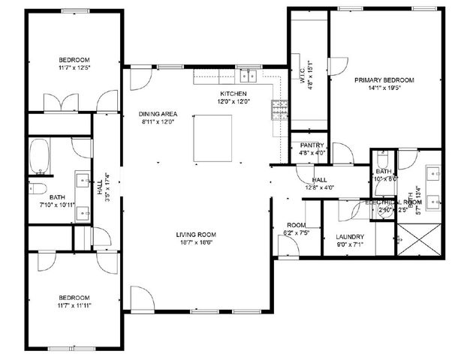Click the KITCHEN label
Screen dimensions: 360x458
(x=233, y=93)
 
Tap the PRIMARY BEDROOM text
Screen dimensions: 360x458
(x=384, y=79)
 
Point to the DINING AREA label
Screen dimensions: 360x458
(x=158, y=113)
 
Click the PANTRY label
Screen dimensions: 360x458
(x=311, y=145)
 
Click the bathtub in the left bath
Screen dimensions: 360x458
(x=40, y=156)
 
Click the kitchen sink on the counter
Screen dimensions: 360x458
(x=248, y=76)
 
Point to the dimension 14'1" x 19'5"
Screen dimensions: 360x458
(x=384, y=88)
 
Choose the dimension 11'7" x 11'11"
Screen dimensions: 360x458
(x=74, y=304)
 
